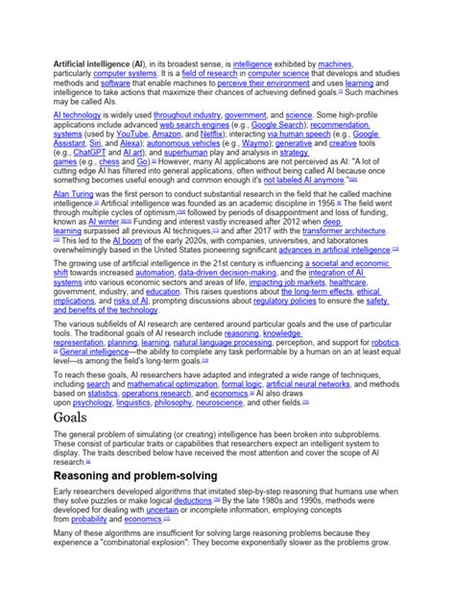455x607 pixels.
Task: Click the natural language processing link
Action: click(x=222, y=342)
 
